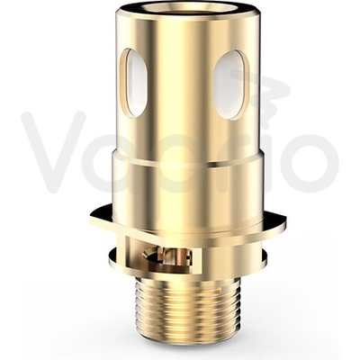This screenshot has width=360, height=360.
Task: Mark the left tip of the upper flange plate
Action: click(92, 216)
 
